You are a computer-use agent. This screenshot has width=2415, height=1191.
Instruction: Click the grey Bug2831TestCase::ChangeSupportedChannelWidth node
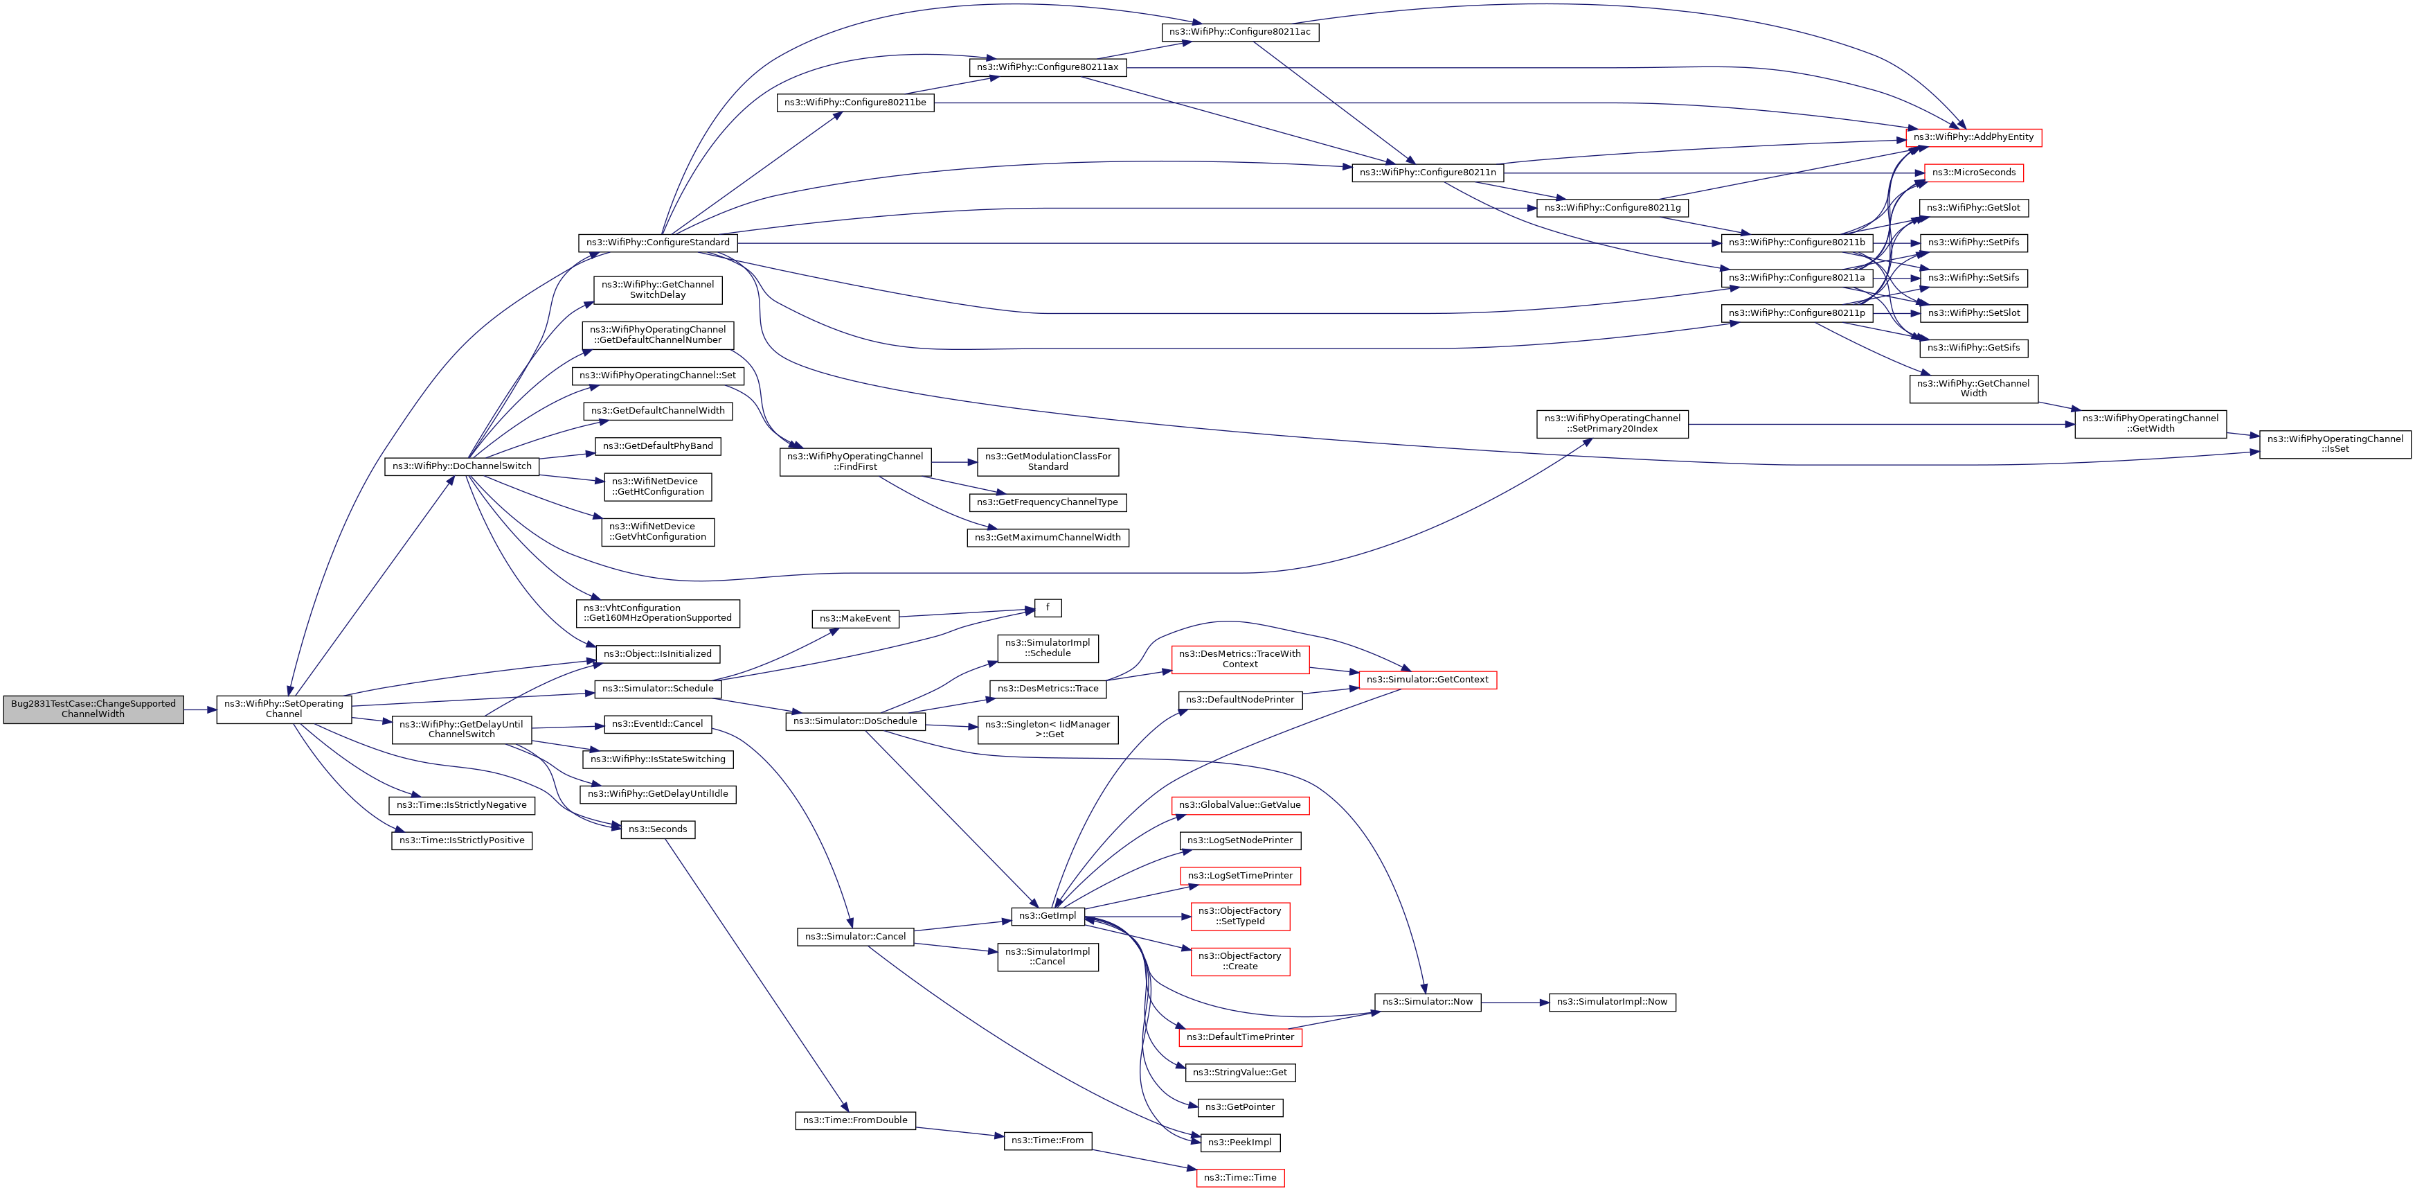(93, 709)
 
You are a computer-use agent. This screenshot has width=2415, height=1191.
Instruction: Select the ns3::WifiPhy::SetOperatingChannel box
(284, 709)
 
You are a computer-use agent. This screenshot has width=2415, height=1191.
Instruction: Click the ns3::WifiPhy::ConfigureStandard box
(658, 243)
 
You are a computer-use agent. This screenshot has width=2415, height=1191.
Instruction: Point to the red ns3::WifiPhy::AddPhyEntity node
(1973, 138)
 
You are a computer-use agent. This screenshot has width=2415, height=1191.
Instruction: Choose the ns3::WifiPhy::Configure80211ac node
(1239, 32)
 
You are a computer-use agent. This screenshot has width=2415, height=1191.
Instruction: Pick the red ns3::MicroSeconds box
(1973, 173)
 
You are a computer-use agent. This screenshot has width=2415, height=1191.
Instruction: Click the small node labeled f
(1047, 608)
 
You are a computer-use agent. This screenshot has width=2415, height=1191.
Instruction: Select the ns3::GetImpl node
(1047, 916)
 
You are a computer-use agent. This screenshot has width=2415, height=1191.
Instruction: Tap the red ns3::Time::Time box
(1239, 1178)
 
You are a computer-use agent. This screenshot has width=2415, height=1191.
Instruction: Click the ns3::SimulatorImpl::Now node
(1612, 1003)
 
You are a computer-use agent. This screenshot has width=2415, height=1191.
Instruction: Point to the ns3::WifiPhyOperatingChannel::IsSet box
(2335, 445)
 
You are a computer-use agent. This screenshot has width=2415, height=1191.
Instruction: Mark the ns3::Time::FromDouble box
(855, 1120)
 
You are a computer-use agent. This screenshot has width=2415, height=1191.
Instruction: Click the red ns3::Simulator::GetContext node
(1427, 680)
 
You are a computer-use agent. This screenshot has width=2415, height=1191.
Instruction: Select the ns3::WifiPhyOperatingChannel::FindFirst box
(855, 461)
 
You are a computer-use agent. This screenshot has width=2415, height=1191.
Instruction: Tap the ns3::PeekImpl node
(1239, 1143)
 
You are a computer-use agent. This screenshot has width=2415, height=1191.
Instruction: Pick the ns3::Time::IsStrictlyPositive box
(461, 840)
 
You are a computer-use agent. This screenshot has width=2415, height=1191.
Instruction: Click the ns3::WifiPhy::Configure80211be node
(855, 103)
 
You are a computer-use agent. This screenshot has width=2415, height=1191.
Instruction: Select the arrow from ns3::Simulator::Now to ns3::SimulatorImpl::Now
(1515, 1003)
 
